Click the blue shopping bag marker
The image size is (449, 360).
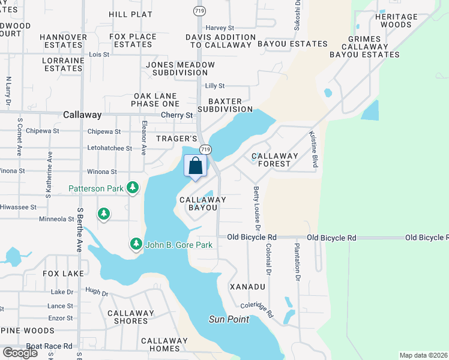(196, 167)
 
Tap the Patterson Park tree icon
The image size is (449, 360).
(133, 188)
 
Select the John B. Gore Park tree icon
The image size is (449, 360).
(136, 244)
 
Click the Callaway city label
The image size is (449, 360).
(82, 115)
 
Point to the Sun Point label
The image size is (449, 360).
(229, 319)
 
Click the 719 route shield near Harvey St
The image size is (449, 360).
(198, 11)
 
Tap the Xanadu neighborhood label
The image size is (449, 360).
(247, 287)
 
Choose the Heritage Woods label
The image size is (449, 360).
(396, 21)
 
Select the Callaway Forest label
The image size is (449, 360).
(275, 160)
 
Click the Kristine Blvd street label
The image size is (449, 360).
(313, 149)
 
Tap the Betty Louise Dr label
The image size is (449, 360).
(257, 209)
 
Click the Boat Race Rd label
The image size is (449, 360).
(49, 346)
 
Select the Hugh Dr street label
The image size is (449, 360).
(96, 292)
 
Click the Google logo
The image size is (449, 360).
(20, 353)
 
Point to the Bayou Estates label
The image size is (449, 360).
(292, 44)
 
